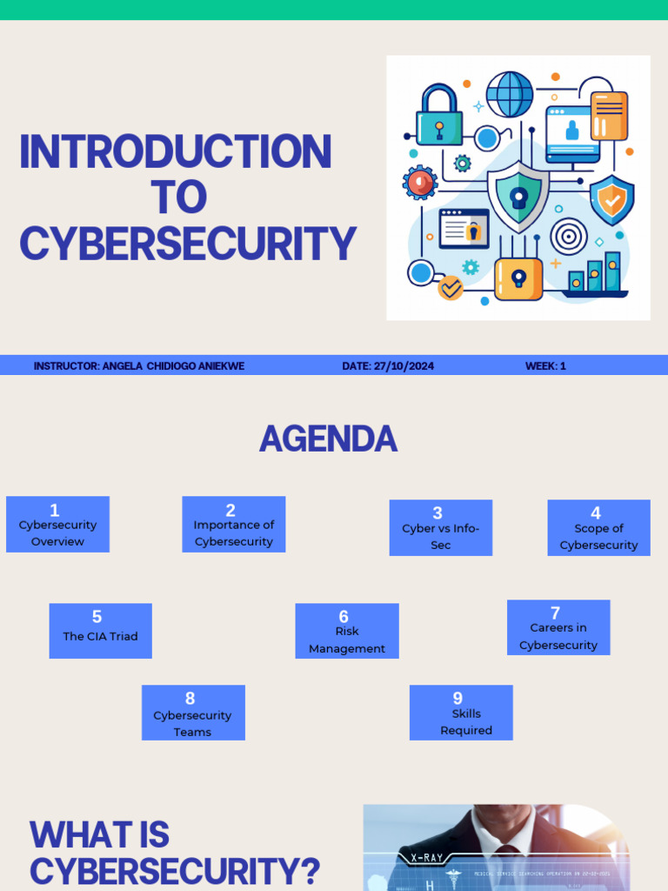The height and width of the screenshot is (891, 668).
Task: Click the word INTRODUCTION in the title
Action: tap(176, 151)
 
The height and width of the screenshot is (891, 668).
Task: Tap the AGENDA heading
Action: tap(328, 439)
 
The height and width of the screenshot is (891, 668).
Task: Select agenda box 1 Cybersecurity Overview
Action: tap(57, 524)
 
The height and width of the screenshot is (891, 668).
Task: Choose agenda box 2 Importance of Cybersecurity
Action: tap(233, 524)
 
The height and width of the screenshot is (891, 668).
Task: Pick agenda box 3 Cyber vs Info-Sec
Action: tap(440, 527)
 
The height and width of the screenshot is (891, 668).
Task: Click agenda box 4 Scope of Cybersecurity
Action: tap(598, 527)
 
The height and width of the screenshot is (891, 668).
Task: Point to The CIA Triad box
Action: tap(100, 631)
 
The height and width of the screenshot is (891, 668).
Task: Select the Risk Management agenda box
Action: tap(346, 631)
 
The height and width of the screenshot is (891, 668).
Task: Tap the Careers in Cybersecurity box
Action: tap(558, 627)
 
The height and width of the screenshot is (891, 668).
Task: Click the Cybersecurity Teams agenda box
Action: tap(193, 713)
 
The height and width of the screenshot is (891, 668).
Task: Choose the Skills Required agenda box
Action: tap(461, 713)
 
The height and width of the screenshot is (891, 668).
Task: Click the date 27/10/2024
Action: tap(388, 366)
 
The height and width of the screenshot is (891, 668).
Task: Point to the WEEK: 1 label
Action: tap(545, 366)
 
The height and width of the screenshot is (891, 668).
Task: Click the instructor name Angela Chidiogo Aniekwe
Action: tap(173, 366)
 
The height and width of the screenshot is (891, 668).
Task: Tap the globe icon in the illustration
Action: tap(510, 93)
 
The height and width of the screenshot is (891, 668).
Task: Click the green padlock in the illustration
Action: tap(439, 117)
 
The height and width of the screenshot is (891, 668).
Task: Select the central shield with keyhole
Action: tap(518, 196)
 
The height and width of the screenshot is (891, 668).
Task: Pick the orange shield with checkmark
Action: tap(612, 200)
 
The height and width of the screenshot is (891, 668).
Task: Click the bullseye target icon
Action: tap(569, 236)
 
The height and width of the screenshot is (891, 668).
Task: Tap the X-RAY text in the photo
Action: tap(427, 857)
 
